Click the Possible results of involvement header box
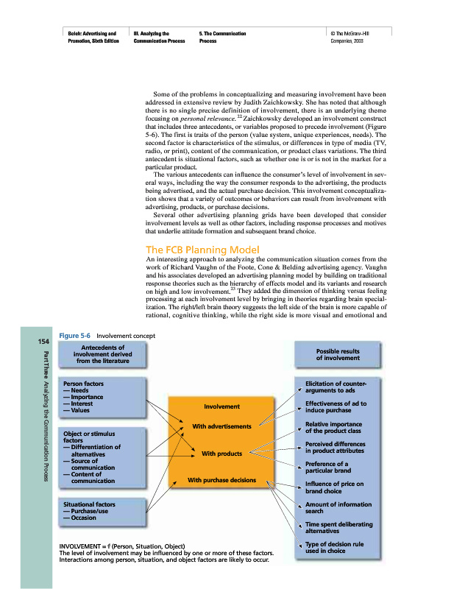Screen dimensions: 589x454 338,354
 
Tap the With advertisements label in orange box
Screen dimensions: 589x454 221,426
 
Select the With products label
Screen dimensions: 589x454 221,454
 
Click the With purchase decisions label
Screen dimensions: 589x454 221,480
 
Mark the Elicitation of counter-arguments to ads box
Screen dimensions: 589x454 338,387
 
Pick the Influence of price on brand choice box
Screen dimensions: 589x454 338,487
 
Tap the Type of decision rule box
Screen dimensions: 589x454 338,547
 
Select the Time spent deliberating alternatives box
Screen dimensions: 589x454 338,527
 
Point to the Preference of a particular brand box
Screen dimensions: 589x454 338,468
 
